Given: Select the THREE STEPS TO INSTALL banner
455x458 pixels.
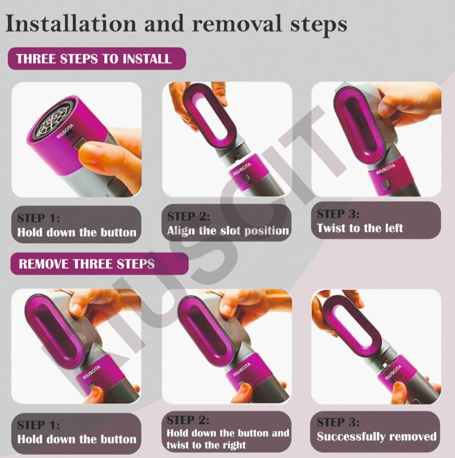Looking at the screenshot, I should (96, 59).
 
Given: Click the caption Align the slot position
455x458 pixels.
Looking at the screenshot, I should (228, 230).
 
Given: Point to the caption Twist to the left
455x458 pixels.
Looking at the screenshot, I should (360, 228).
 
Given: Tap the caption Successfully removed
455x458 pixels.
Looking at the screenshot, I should (376, 436).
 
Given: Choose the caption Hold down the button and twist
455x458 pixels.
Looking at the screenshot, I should (228, 439).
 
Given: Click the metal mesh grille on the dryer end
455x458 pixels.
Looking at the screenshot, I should (51, 117).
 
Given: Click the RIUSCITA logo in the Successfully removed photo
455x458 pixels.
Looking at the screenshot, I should (393, 372).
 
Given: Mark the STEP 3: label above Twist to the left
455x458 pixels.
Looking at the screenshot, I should (338, 214).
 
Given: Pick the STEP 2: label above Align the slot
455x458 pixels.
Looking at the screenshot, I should (188, 217).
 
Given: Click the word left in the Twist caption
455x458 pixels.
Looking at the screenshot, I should (392, 228).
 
